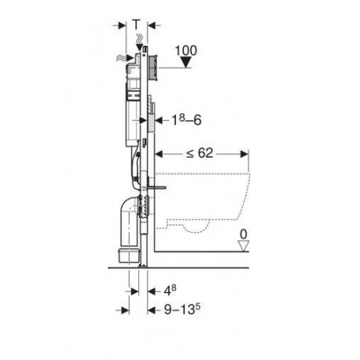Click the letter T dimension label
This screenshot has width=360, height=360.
tap(136, 25)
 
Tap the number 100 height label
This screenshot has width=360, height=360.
tap(186, 50)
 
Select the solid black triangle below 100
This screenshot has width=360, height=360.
tap(186, 63)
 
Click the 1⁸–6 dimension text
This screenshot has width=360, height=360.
tap(186, 120)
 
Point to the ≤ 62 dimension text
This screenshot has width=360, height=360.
tap(200, 153)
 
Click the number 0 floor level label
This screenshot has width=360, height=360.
tap(244, 234)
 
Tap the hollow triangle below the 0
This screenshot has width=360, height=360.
tap(244, 246)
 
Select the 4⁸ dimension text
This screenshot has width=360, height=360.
tap(170, 291)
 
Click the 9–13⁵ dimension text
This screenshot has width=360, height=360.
tap(182, 310)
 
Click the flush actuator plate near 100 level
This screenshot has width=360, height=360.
tap(152, 68)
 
